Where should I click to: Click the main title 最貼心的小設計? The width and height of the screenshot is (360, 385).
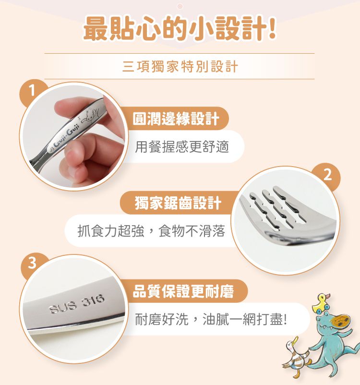click(x=180, y=28)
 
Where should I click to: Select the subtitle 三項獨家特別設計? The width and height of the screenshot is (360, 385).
click(x=180, y=66)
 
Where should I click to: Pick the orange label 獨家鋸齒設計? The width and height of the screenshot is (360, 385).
click(x=178, y=203)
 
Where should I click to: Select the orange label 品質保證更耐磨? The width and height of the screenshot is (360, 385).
click(x=183, y=291)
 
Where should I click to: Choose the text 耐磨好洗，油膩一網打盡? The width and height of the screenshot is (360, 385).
click(x=211, y=319)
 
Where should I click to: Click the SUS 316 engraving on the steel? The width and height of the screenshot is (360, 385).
click(x=77, y=304)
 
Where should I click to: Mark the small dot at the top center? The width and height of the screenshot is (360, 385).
click(x=180, y=6)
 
